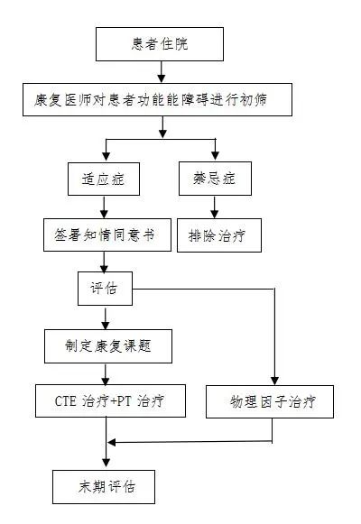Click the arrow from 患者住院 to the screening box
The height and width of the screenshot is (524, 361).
click(x=162, y=72)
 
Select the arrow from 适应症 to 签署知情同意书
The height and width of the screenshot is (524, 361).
click(x=105, y=207)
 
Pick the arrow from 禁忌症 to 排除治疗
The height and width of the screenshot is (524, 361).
click(x=215, y=207)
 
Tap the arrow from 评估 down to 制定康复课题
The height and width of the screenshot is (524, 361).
click(x=106, y=318)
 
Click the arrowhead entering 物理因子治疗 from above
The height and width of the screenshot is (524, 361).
click(x=274, y=381)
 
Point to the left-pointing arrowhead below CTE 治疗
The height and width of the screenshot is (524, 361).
click(x=112, y=443)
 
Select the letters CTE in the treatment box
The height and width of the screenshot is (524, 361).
click(x=66, y=401)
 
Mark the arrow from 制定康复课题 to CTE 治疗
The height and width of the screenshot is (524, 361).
click(x=106, y=374)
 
